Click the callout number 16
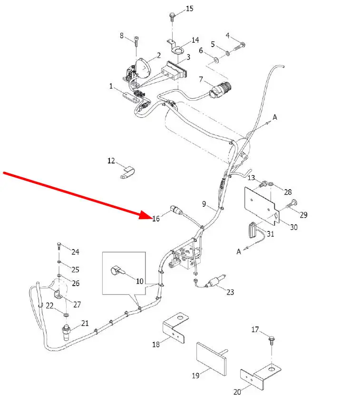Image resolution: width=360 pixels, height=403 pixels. pos(156,219)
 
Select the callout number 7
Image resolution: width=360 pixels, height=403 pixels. pos(201,79)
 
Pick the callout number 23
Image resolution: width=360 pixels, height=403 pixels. pos(230,292)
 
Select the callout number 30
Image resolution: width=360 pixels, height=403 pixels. pos(293,228)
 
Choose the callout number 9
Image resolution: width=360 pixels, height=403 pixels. pos(204,204)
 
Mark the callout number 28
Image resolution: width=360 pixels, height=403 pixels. pos(288,192)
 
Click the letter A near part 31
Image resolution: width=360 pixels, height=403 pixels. pos(239,252)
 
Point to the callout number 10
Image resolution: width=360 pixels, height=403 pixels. pos(139,281)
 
